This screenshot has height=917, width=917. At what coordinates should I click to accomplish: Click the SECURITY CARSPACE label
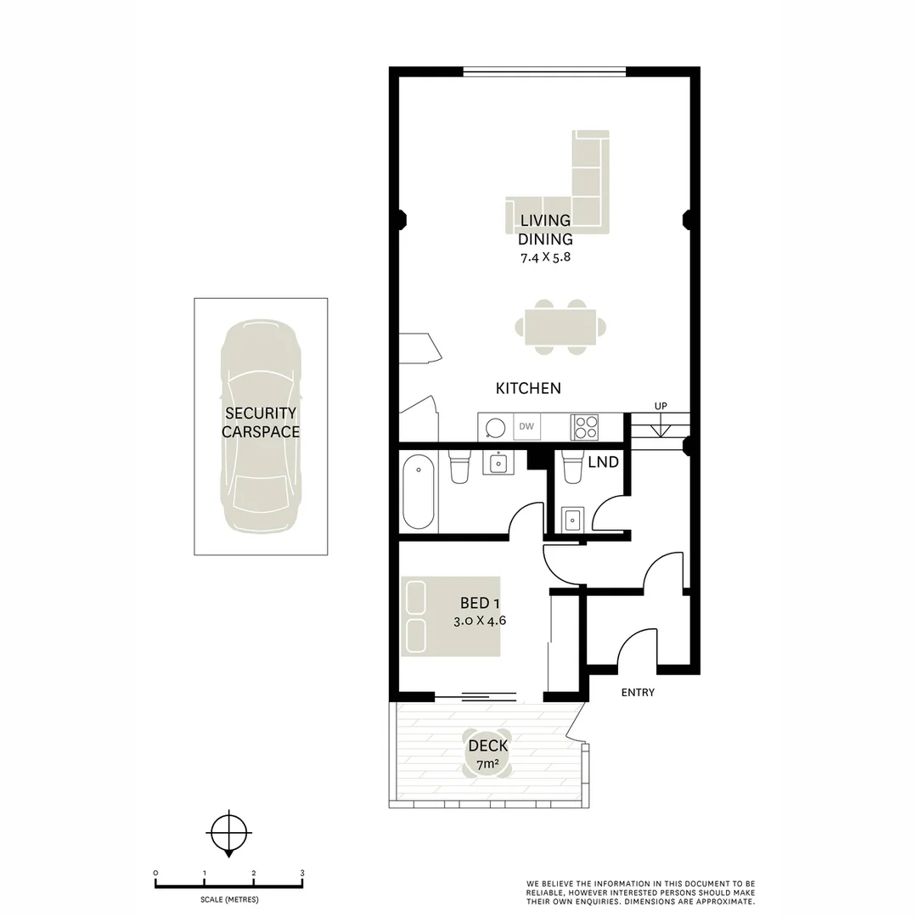[261, 422]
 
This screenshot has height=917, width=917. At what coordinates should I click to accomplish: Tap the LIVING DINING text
[545, 230]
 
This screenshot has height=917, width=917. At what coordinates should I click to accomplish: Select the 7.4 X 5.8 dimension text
[545, 256]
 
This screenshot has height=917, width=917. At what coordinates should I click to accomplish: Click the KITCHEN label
[528, 388]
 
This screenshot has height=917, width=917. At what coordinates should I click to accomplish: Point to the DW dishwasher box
[526, 426]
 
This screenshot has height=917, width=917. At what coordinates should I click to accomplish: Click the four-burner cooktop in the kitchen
[584, 426]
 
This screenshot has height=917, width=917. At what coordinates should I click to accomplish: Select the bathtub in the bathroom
[419, 492]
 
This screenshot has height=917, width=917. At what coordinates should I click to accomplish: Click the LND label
[604, 463]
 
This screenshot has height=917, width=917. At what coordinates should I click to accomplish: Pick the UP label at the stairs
[661, 407]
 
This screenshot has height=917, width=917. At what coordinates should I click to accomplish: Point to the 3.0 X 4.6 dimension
[480, 621]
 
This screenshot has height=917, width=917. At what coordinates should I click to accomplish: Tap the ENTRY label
[638, 693]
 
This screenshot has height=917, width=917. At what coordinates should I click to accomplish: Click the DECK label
[488, 745]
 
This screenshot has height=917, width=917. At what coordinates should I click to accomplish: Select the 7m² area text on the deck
[487, 764]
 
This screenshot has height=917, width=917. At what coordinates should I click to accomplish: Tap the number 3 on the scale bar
[302, 873]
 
